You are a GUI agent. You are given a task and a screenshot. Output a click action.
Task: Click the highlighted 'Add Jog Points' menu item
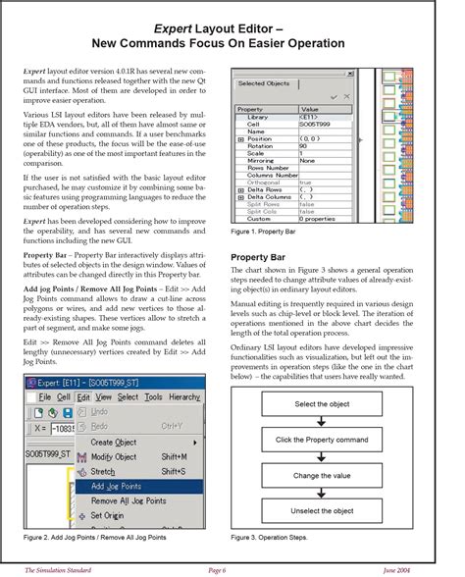[116, 486]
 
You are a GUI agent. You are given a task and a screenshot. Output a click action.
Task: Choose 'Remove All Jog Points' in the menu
[128, 500]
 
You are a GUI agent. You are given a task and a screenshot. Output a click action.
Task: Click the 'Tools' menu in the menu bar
[153, 397]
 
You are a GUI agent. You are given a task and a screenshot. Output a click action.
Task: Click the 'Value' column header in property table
[311, 109]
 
